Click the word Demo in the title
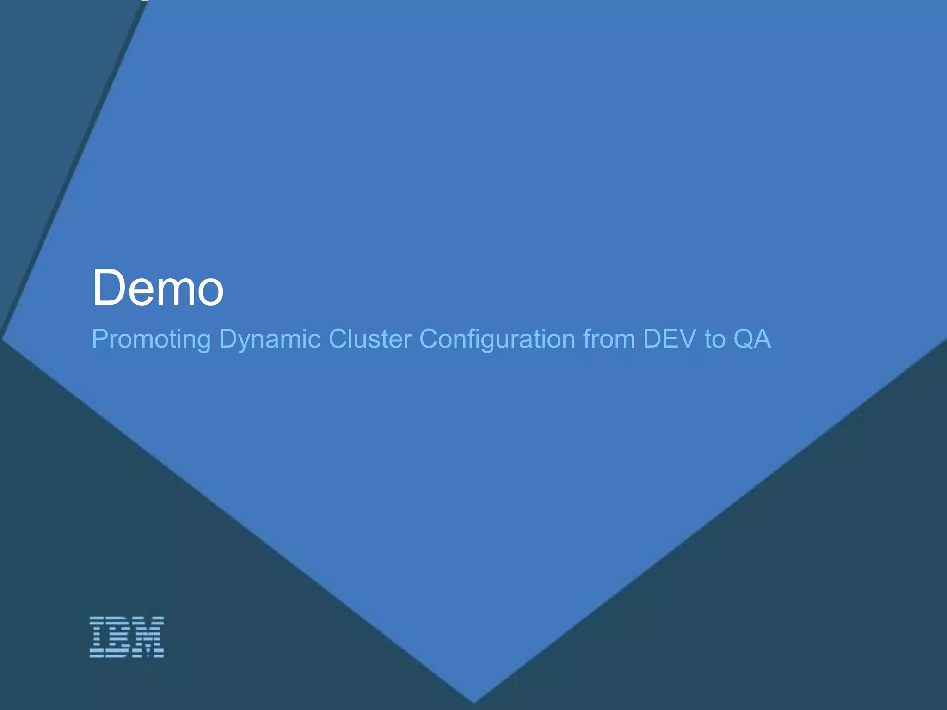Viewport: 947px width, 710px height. point(158,288)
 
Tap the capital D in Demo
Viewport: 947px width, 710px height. point(109,288)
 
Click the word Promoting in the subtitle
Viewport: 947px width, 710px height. point(151,339)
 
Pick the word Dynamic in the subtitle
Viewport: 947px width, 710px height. point(270,338)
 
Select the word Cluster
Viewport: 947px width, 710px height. point(370,338)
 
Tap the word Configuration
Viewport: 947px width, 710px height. point(497,339)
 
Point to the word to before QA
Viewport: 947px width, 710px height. point(714,338)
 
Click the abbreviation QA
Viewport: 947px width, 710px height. point(752,338)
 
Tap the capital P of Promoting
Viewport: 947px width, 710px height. point(99,338)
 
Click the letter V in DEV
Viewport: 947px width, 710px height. point(686,338)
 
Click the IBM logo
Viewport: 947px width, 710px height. point(127,637)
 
